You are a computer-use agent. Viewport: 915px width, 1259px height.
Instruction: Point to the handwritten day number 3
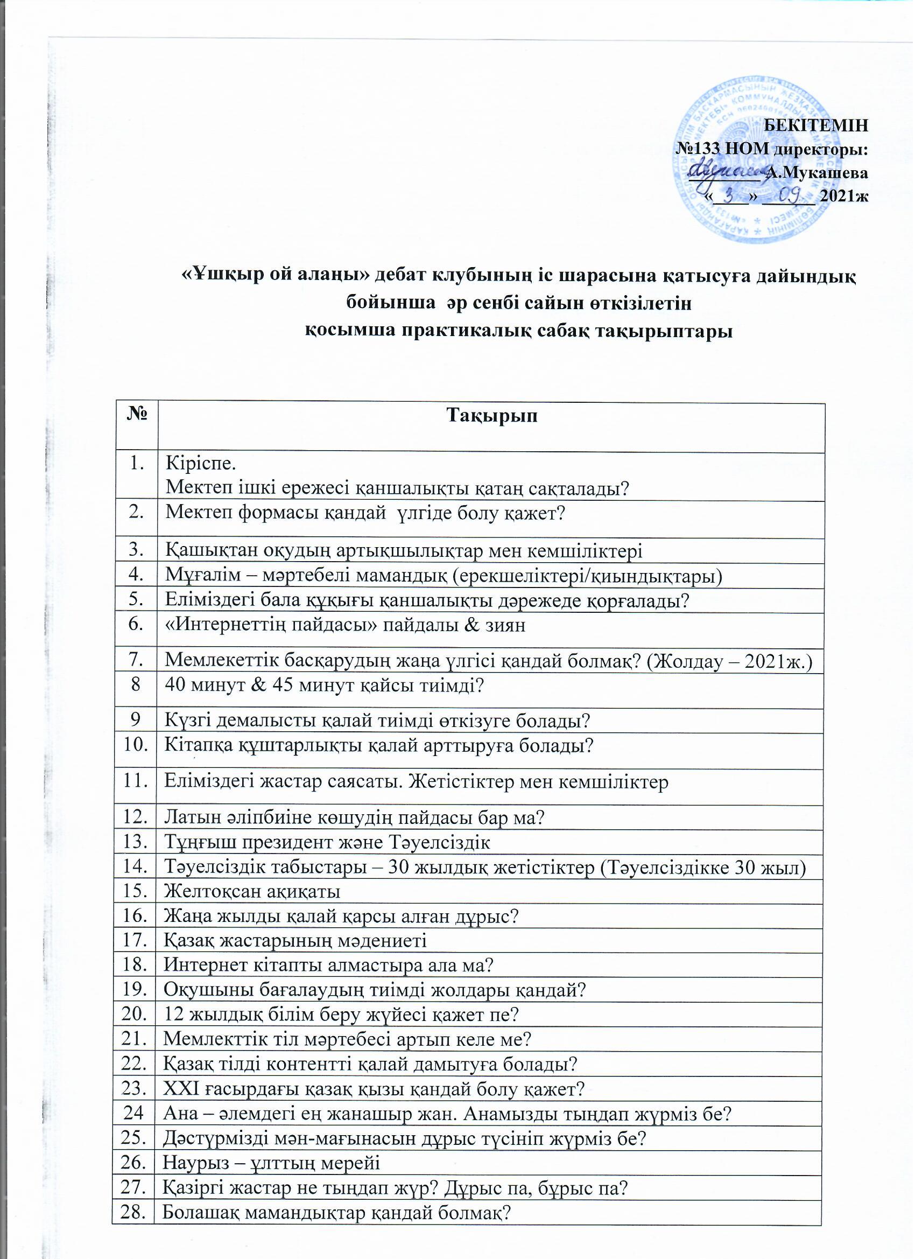click(x=729, y=194)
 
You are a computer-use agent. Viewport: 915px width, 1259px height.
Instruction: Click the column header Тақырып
click(x=491, y=416)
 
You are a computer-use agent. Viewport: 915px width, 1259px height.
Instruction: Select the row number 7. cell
click(x=136, y=659)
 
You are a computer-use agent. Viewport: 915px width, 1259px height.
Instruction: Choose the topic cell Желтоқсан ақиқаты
click(x=252, y=892)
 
